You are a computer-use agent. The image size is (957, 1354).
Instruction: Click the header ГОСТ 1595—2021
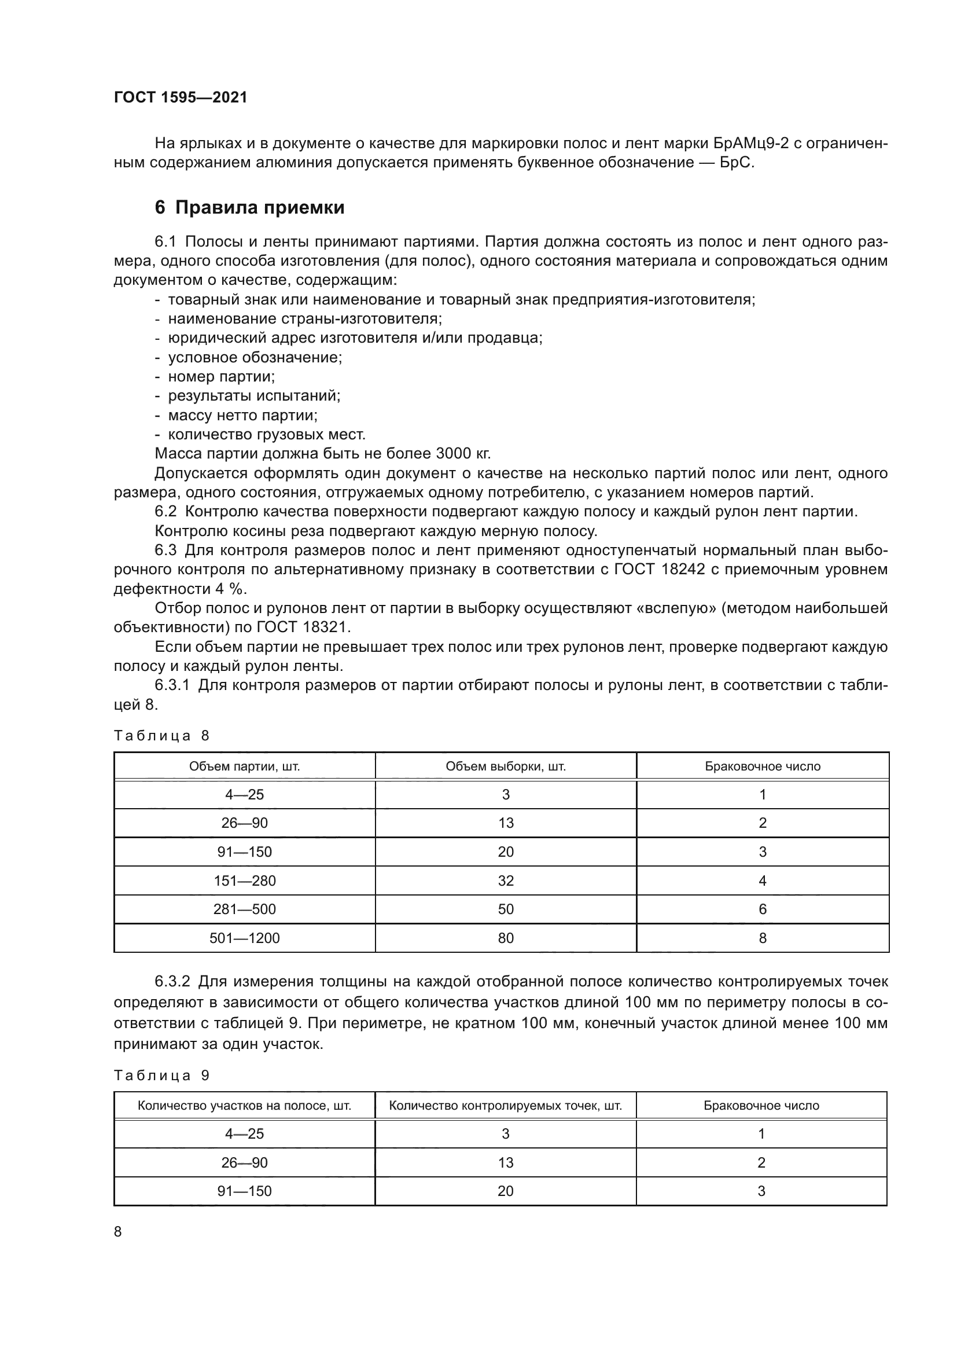pyautogui.click(x=181, y=97)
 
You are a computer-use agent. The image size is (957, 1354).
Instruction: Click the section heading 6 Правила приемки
pyautogui.click(x=249, y=208)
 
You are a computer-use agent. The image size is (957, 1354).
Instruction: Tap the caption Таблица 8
pyautogui.click(x=161, y=735)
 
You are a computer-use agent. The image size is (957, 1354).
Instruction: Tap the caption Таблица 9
pyautogui.click(x=161, y=1075)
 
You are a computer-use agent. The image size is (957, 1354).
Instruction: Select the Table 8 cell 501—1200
pyautogui.click(x=245, y=938)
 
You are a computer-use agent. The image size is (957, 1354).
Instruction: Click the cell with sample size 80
pyautogui.click(x=506, y=938)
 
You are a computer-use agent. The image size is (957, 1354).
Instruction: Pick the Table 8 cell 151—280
pyautogui.click(x=245, y=880)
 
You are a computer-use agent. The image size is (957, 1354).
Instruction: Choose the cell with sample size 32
pyautogui.click(x=506, y=880)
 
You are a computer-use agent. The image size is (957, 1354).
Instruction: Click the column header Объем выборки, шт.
pyautogui.click(x=506, y=766)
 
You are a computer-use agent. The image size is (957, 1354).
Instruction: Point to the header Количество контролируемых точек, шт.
pyautogui.click(x=506, y=1106)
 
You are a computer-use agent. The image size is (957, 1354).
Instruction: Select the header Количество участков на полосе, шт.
pyautogui.click(x=245, y=1106)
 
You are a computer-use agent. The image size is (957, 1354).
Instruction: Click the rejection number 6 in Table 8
pyautogui.click(x=763, y=909)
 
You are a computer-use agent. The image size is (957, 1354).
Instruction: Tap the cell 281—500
pyautogui.click(x=245, y=909)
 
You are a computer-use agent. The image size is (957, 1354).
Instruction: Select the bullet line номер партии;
pyautogui.click(x=221, y=376)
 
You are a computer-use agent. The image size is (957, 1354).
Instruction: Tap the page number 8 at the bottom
pyautogui.click(x=118, y=1231)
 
